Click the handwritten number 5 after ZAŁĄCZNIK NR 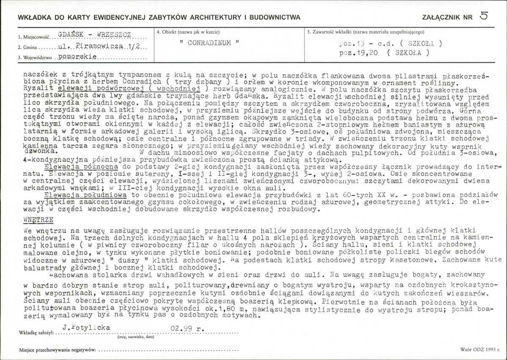484,16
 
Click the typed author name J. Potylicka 86,327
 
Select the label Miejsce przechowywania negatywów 57,350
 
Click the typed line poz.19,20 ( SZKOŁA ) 384,53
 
